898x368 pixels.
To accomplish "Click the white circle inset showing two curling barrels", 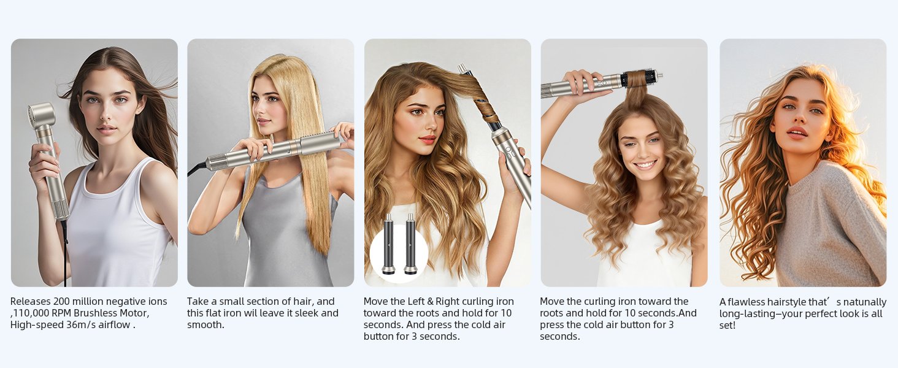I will tap(399, 252).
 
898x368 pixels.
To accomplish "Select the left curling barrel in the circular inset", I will tap(389, 245).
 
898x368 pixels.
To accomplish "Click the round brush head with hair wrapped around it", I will tap(638, 79).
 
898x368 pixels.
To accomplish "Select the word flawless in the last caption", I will tap(746, 302).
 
